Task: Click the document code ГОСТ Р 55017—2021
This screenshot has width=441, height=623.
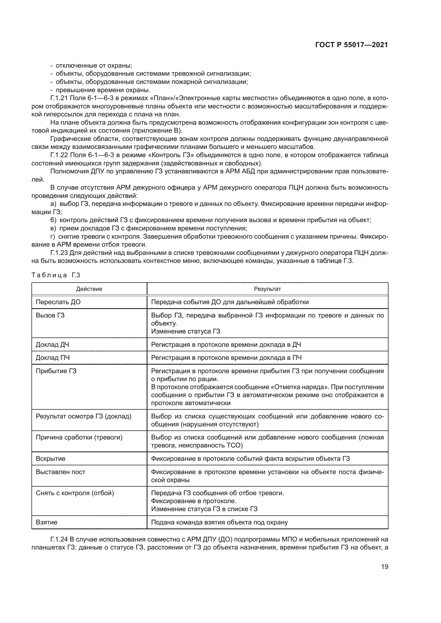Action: click(x=351, y=45)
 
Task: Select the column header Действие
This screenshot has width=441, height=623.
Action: click(x=89, y=289)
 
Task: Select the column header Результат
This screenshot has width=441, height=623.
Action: click(x=267, y=289)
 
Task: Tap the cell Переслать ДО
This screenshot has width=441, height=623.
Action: click(x=58, y=302)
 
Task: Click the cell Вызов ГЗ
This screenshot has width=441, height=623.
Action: click(x=50, y=315)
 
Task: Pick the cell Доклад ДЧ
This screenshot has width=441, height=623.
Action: click(x=53, y=345)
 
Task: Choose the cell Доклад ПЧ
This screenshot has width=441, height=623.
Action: click(x=53, y=358)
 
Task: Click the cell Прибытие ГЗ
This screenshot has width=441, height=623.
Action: click(x=56, y=371)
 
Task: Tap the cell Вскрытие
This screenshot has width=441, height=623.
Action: click(x=50, y=459)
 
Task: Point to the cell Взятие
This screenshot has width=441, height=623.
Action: click(x=46, y=522)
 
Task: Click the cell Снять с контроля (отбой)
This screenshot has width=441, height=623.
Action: click(x=75, y=493)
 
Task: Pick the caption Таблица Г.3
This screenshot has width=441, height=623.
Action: click(x=56, y=275)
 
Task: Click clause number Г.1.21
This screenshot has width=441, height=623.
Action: click(x=59, y=98)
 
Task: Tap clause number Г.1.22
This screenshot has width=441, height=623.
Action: click(x=59, y=155)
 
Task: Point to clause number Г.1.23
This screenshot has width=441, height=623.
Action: click(x=59, y=253)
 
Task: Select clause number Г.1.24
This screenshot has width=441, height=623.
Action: click(x=59, y=539)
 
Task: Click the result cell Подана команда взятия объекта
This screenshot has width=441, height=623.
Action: click(x=219, y=522)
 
